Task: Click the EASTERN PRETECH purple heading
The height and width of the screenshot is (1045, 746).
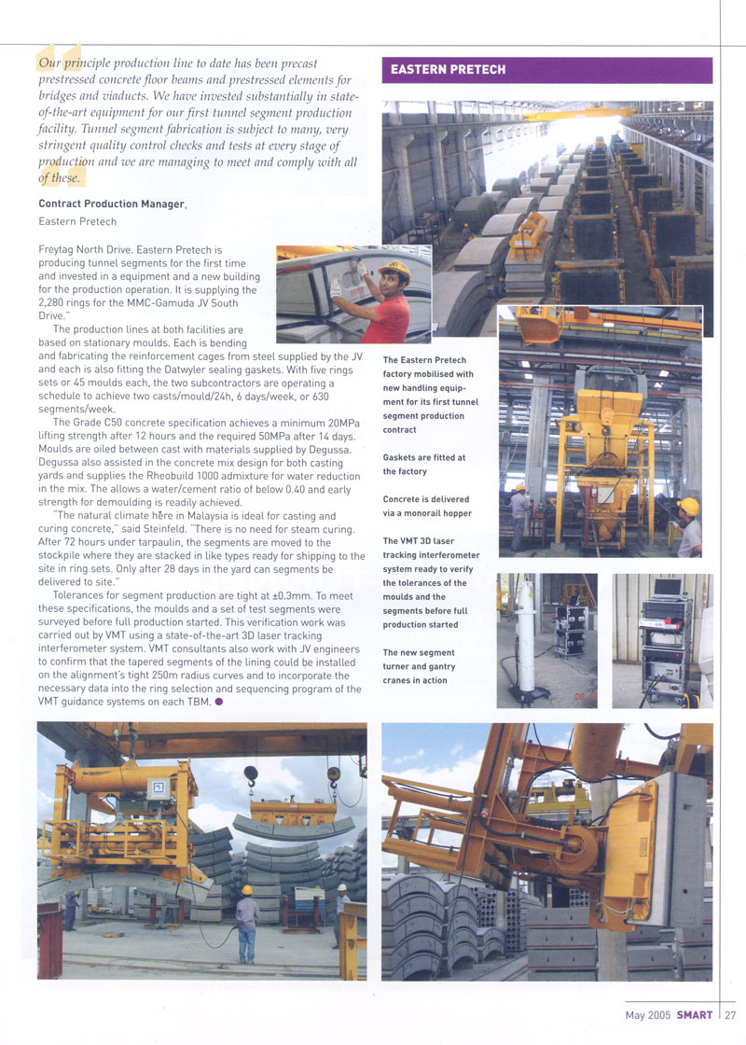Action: tap(449, 70)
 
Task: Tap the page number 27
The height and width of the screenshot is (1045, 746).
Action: tap(730, 1015)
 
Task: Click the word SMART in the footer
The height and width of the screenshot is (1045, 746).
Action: tap(695, 1015)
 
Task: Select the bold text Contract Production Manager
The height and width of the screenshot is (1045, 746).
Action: tap(112, 203)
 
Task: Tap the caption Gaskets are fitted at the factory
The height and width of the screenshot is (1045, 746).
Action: tap(423, 465)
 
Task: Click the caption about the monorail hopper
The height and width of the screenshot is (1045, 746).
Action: tap(426, 507)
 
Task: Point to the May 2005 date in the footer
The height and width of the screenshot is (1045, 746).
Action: tap(648, 1015)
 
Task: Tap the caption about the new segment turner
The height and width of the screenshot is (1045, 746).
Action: tap(419, 666)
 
